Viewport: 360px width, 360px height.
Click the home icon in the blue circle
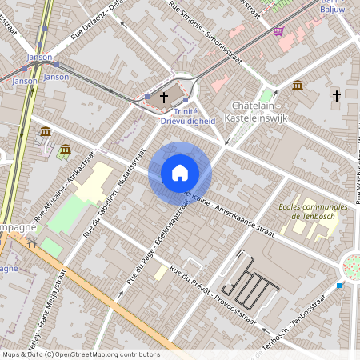[x=179, y=173]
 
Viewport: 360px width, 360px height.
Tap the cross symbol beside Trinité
[x=164, y=97]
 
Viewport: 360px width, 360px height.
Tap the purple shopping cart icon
[x=278, y=31]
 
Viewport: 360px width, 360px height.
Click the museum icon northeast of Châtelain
[x=298, y=86]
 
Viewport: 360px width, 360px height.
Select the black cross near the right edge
[x=337, y=96]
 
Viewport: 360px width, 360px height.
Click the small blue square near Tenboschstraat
[x=339, y=286]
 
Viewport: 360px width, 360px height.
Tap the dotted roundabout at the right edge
[x=351, y=266]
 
